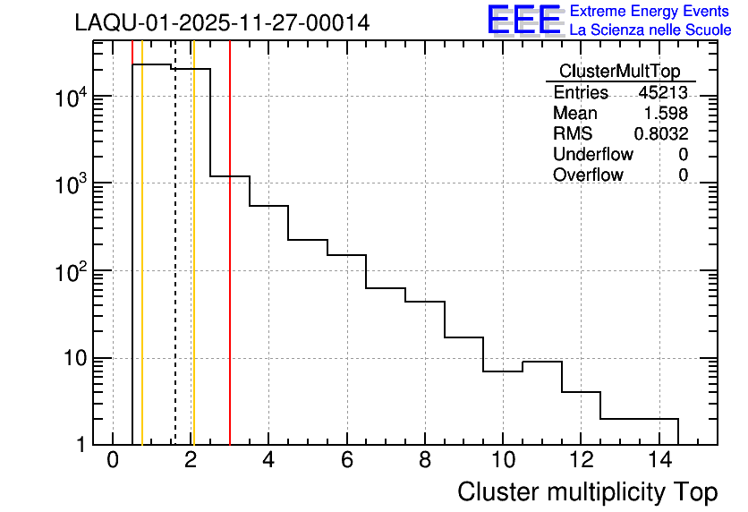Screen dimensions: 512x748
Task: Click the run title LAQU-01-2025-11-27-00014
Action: pyautogui.click(x=222, y=23)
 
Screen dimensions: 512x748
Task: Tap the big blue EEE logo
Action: pyautogui.click(x=524, y=21)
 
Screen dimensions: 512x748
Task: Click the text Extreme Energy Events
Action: pyautogui.click(x=650, y=12)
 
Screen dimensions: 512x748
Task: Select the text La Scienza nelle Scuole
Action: pyautogui.click(x=650, y=30)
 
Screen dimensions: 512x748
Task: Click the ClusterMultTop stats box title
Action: pyautogui.click(x=619, y=72)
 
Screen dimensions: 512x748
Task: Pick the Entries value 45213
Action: pyautogui.click(x=663, y=93)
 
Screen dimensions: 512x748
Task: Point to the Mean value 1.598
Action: pyautogui.click(x=667, y=114)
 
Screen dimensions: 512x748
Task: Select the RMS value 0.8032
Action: pyautogui.click(x=661, y=134)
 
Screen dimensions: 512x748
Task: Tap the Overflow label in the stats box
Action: pyautogui.click(x=588, y=175)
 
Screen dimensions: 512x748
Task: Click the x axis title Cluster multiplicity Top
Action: pyautogui.click(x=587, y=491)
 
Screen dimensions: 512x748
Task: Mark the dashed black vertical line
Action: pyautogui.click(x=175, y=269)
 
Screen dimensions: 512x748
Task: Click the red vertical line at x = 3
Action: pyautogui.click(x=230, y=269)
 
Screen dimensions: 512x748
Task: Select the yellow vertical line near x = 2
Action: pyautogui.click(x=193, y=269)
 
